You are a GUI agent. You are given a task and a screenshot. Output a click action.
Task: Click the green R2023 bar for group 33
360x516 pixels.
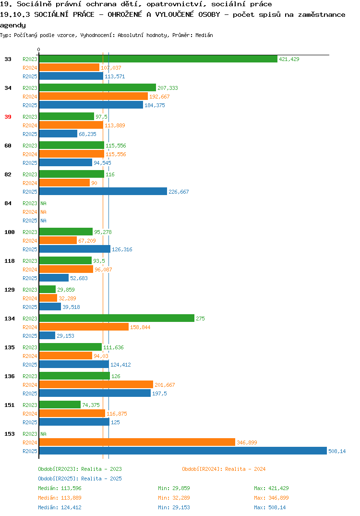tap(158, 59)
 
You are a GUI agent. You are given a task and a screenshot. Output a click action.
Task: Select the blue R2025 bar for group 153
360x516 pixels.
tap(183, 451)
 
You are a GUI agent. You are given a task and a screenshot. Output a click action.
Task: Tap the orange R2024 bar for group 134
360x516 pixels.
tap(84, 327)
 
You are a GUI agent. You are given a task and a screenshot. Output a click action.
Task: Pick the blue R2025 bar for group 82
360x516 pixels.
tap(103, 191)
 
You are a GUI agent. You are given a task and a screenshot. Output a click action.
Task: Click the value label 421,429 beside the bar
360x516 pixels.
tap(289, 59)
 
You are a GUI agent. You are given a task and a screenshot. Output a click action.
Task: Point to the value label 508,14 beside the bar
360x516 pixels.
tap(337, 451)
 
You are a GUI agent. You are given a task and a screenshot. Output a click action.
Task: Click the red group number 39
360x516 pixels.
tap(8, 117)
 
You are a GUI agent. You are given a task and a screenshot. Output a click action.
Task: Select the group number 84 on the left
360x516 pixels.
tap(8, 203)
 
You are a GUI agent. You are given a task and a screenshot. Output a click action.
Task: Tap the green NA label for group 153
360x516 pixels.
tap(43, 434)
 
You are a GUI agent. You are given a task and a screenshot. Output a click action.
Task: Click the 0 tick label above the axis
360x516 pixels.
tap(39, 49)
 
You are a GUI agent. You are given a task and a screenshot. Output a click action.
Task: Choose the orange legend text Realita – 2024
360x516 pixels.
tap(245, 469)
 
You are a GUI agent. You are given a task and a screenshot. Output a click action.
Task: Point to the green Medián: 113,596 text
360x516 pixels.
tap(60, 488)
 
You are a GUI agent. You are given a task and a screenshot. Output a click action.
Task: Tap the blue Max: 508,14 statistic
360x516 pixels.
tap(270, 507)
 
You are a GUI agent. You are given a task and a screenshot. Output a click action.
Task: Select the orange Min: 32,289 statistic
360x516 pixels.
tap(174, 498)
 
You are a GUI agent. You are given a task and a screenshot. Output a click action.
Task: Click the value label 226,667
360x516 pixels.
tap(179, 192)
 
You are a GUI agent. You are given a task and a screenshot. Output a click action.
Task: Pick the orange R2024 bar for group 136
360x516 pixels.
tap(96, 384)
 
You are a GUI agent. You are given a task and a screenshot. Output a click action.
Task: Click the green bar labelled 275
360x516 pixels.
tap(117, 318)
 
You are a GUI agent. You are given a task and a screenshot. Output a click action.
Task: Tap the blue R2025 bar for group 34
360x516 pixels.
tap(91, 105)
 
